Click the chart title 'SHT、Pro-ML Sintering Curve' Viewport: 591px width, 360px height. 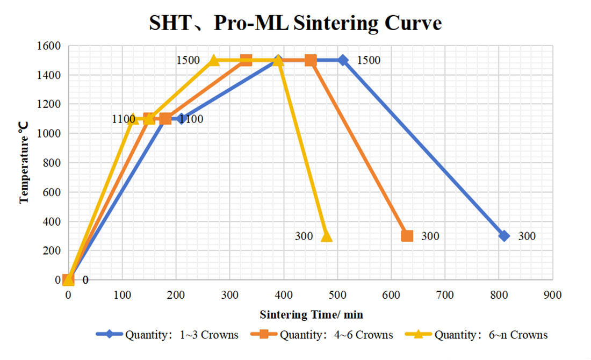point(295,23)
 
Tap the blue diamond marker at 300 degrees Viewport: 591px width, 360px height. point(504,236)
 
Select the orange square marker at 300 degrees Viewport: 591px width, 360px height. point(407,236)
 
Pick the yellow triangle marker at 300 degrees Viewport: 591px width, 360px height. point(327,236)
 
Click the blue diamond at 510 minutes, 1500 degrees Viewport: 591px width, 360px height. point(343,60)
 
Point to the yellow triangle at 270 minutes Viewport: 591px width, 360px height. point(213,60)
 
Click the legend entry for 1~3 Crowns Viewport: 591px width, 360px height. point(167,335)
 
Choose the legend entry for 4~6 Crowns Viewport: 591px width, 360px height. point(322,335)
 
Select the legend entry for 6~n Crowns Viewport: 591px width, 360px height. point(477,335)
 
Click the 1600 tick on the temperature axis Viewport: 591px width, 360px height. point(48,46)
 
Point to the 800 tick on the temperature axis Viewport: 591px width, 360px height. point(52,163)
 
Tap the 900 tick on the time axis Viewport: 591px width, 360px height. point(552,295)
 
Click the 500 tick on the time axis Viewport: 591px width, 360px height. point(337,295)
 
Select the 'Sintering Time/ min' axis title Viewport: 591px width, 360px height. point(311,314)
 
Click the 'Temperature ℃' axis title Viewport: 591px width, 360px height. point(23,162)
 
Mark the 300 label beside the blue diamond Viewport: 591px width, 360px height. point(527,236)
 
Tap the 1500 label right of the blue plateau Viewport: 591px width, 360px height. point(369,60)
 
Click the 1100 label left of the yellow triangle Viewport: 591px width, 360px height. point(123,119)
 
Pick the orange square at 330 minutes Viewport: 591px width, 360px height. point(246,60)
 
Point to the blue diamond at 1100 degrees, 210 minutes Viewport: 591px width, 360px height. point(181,119)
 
